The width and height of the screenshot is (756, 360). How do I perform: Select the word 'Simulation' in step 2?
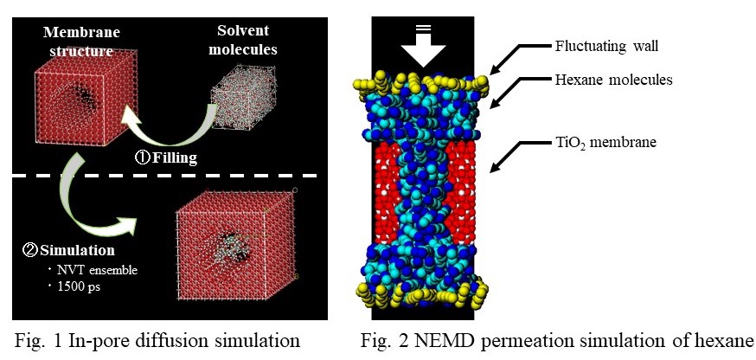[x=74, y=251]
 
